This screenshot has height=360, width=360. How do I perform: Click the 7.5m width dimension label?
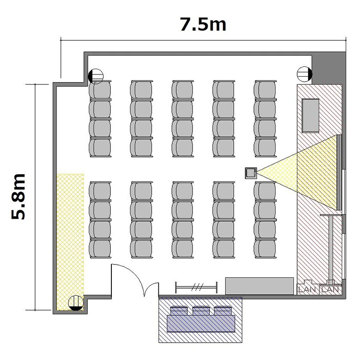(x=203, y=24)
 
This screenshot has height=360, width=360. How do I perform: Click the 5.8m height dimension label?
(x=18, y=196)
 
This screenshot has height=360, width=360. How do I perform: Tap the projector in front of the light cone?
(x=251, y=173)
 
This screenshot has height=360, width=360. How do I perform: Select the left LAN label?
(x=307, y=289)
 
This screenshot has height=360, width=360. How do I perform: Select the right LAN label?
(x=330, y=289)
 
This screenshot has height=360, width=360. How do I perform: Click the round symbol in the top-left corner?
(x=96, y=76)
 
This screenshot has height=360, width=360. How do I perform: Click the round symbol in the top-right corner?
(x=305, y=74)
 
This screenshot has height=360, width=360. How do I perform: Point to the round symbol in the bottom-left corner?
(x=76, y=303)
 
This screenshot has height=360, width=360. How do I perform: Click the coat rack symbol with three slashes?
(x=196, y=287)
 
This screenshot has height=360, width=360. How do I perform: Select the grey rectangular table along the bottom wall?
(x=259, y=286)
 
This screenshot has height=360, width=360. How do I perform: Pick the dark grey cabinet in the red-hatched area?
(x=311, y=116)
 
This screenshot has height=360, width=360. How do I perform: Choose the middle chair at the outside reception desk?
(x=201, y=311)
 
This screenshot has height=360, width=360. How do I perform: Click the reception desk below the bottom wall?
(x=201, y=324)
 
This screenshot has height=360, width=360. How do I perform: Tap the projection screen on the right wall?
(x=339, y=172)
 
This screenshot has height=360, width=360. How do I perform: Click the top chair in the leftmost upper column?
(x=100, y=90)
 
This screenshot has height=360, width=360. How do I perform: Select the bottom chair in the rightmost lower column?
(x=265, y=249)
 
